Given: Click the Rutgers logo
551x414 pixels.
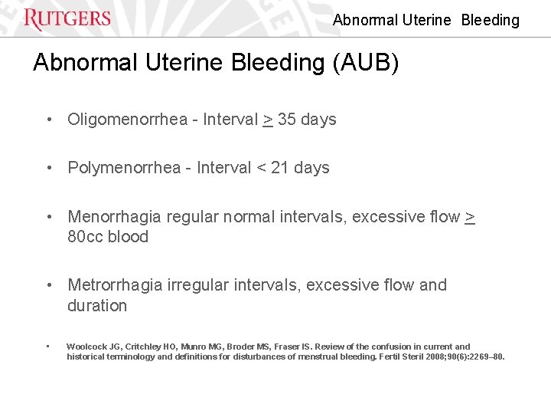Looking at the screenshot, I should click(67, 18).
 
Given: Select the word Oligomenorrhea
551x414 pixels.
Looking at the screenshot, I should click(127, 120).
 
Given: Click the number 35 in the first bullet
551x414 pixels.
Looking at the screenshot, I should click(287, 120).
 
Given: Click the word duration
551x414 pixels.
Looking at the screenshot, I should click(97, 306).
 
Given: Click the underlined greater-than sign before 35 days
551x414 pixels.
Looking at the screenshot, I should click(268, 120).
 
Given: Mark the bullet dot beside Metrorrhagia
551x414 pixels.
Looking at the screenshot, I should click(49, 285).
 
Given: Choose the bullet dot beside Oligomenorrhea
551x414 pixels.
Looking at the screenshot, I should click(49, 120).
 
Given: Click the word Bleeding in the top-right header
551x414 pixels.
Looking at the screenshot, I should click(490, 21).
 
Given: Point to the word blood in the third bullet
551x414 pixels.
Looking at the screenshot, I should click(129, 237).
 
